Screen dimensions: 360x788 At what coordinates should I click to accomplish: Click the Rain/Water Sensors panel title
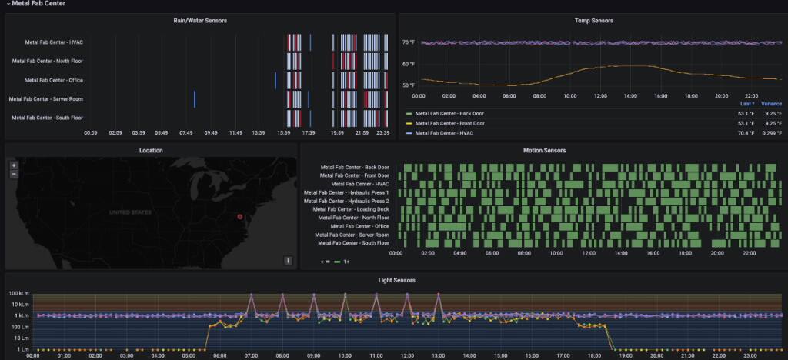pos(199,20)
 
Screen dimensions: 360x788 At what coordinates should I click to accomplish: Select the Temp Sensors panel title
pos(593,20)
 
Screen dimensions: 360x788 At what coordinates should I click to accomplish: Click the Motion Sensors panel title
pos(543,150)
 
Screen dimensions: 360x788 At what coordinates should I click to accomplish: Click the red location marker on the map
pos(239,217)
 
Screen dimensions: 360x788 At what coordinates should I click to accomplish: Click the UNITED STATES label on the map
pos(130,212)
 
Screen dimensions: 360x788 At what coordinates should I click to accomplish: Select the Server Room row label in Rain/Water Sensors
pos(45,99)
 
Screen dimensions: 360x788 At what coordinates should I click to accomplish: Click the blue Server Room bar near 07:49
pos(195,99)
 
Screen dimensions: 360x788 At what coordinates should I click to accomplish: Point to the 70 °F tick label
pos(409,42)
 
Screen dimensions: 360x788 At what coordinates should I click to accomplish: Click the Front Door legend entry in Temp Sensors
pos(449,122)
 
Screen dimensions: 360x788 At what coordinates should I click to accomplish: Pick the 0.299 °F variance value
pos(773,132)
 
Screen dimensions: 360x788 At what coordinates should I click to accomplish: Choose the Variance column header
pos(771,103)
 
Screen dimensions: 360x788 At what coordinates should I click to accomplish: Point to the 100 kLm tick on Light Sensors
pos(19,295)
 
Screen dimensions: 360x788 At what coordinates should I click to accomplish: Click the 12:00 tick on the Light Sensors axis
pos(406,355)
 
